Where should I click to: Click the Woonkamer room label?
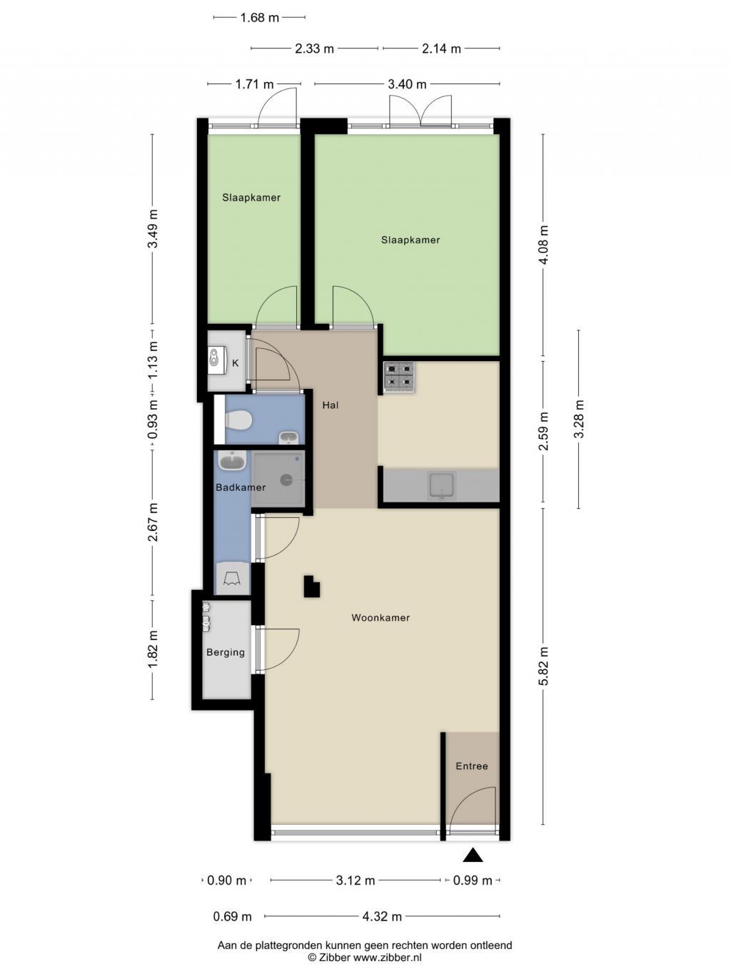[x=380, y=618]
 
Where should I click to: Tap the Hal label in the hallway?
[x=331, y=405]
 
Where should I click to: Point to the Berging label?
[x=226, y=652]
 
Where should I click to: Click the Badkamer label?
[x=241, y=487]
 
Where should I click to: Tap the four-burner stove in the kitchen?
[x=399, y=377]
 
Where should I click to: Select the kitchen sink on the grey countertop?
[x=441, y=485]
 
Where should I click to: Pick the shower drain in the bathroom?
[x=286, y=480]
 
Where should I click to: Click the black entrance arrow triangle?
[x=473, y=855]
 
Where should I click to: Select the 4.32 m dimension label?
[x=382, y=916]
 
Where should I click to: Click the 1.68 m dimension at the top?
[x=260, y=18]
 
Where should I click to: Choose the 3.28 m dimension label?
[x=579, y=419]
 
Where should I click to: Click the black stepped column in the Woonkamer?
[x=311, y=586]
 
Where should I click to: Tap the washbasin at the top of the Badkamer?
[x=232, y=460]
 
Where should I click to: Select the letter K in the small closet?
[x=236, y=363]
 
